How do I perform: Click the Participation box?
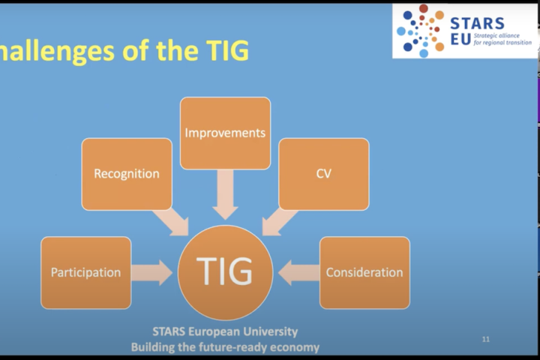pos(85,272)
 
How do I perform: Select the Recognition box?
pos(126,173)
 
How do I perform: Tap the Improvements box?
pos(225,133)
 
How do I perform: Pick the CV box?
pos(323,173)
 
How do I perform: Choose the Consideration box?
pos(364,272)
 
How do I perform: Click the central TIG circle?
pos(225,272)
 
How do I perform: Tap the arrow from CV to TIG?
pos(279,222)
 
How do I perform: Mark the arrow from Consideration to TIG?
pos(298,273)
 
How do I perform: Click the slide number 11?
pos(486,340)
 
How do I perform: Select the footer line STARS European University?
pos(225,331)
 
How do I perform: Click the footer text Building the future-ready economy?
pos(225,346)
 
